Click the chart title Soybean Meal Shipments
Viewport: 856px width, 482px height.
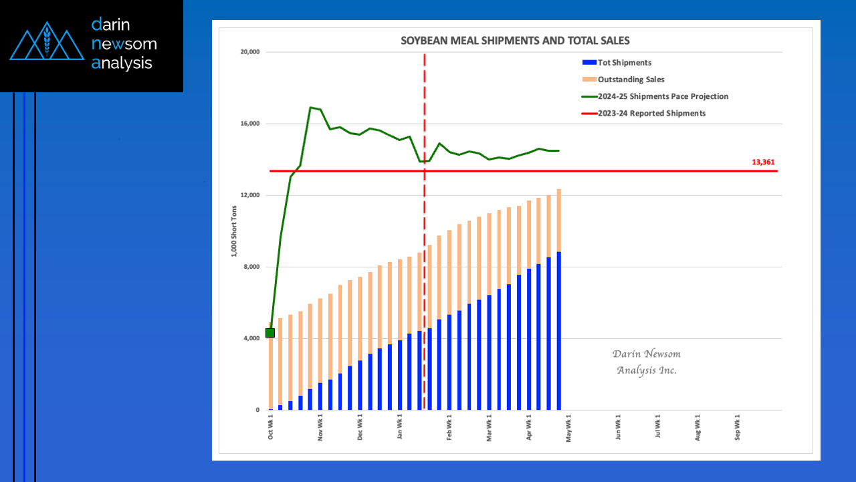pyautogui.click(x=515, y=40)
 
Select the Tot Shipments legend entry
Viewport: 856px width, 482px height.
pyautogui.click(x=624, y=63)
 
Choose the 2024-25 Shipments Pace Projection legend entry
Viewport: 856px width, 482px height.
pyautogui.click(x=663, y=96)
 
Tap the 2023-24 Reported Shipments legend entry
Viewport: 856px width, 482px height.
pyautogui.click(x=651, y=113)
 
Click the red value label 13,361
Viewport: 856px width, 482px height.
pyautogui.click(x=763, y=162)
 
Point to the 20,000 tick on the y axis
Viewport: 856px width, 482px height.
pyautogui.click(x=251, y=52)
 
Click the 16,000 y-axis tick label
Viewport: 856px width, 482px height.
pyautogui.click(x=251, y=124)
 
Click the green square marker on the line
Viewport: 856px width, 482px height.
pyautogui.click(x=270, y=333)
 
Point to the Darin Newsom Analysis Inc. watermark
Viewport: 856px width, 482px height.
pyautogui.click(x=646, y=362)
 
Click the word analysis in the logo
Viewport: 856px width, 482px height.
pyautogui.click(x=122, y=64)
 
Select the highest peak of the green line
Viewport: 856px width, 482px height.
pyautogui.click(x=311, y=107)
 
